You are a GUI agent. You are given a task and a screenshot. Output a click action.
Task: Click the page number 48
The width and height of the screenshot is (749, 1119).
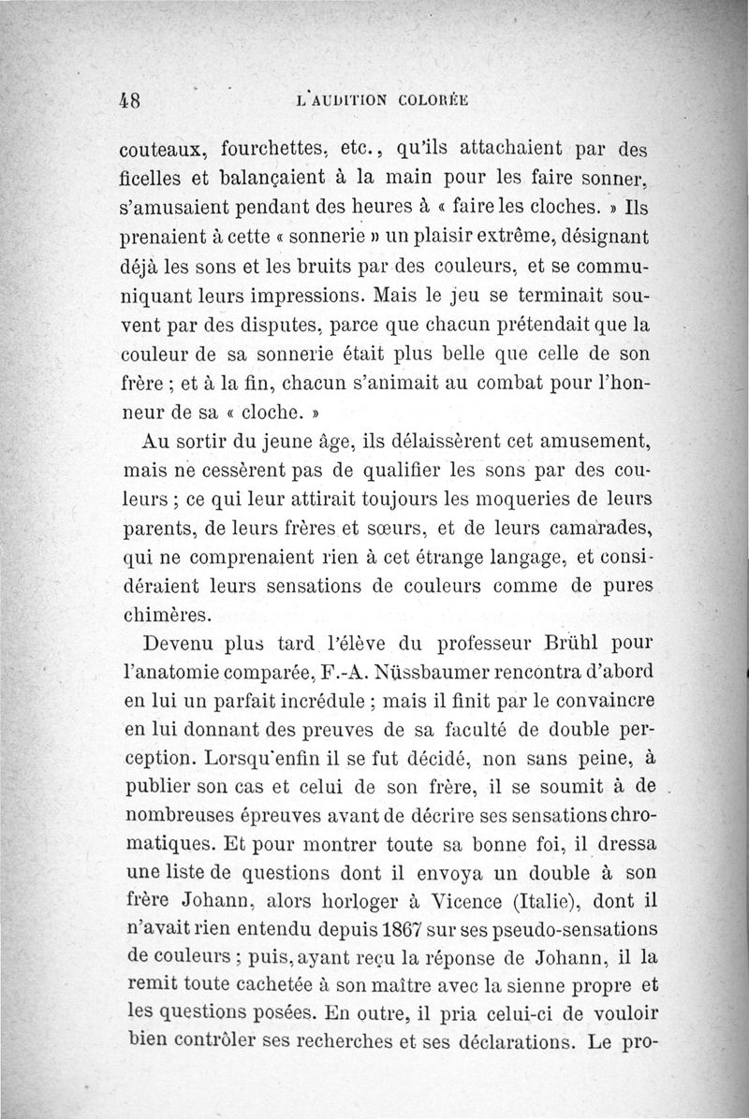pyautogui.click(x=132, y=100)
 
